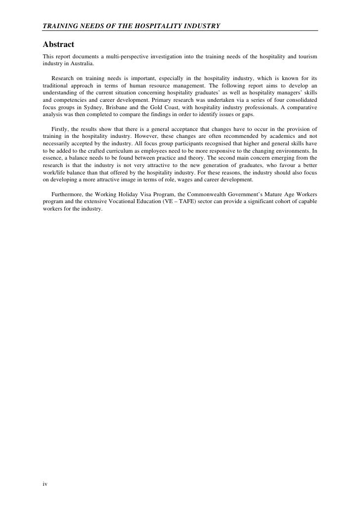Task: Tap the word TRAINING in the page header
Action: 56,25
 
